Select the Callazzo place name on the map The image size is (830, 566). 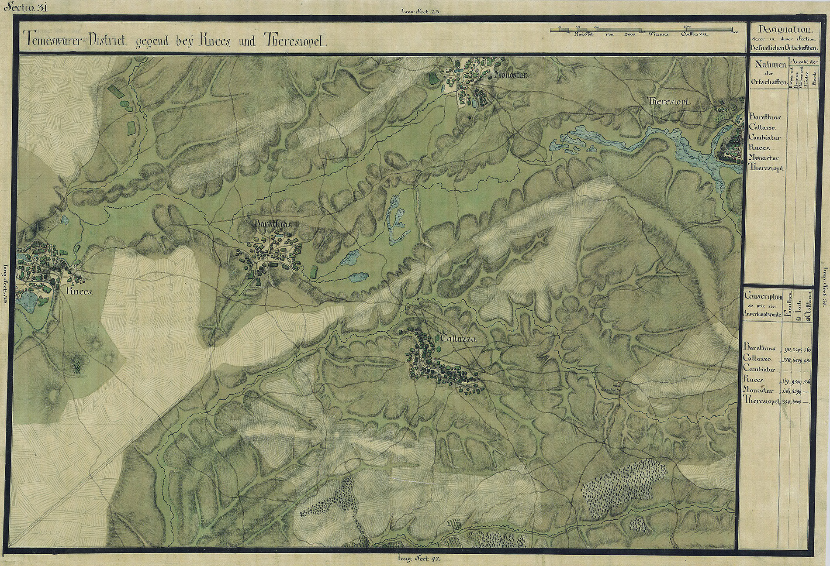(458, 339)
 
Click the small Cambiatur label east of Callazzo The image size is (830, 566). (610, 389)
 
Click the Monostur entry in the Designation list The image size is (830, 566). (764, 158)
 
